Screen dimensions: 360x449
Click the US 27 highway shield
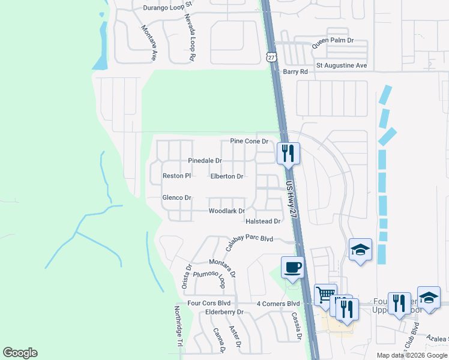(272, 57)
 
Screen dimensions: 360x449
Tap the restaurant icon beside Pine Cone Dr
(288, 153)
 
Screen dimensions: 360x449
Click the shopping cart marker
(325, 294)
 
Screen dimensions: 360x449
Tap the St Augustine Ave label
(342, 65)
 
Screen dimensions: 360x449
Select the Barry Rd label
(295, 71)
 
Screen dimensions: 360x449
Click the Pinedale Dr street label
(205, 161)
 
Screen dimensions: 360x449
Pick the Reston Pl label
(176, 176)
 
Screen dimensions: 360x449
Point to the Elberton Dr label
(227, 176)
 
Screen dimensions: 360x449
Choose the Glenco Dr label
(176, 197)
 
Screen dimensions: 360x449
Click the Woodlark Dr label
(227, 211)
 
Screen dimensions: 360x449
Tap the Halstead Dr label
(264, 221)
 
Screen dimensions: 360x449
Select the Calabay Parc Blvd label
(249, 242)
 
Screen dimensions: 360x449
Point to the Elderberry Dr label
(224, 312)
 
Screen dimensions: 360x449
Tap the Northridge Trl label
(178, 326)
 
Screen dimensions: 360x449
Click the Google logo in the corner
(20, 353)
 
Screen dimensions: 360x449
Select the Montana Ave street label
(149, 42)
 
